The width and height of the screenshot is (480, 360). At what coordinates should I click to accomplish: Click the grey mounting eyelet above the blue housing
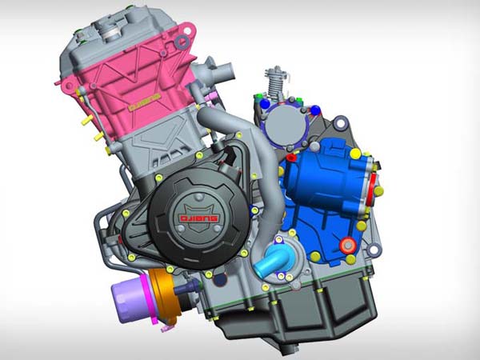[341, 123]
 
